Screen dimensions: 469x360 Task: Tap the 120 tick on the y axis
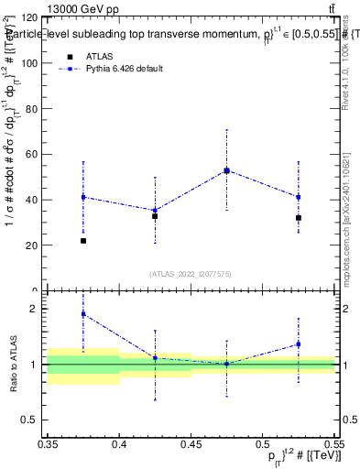(x=29, y=18)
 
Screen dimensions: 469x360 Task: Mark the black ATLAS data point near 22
(x=83, y=241)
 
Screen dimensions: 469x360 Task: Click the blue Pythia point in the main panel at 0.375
(x=83, y=197)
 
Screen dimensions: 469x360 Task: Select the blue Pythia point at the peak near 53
(x=226, y=170)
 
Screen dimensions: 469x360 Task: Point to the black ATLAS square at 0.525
(x=299, y=218)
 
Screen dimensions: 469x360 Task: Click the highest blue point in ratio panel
(x=83, y=313)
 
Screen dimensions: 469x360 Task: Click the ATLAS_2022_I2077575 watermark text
(x=191, y=273)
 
